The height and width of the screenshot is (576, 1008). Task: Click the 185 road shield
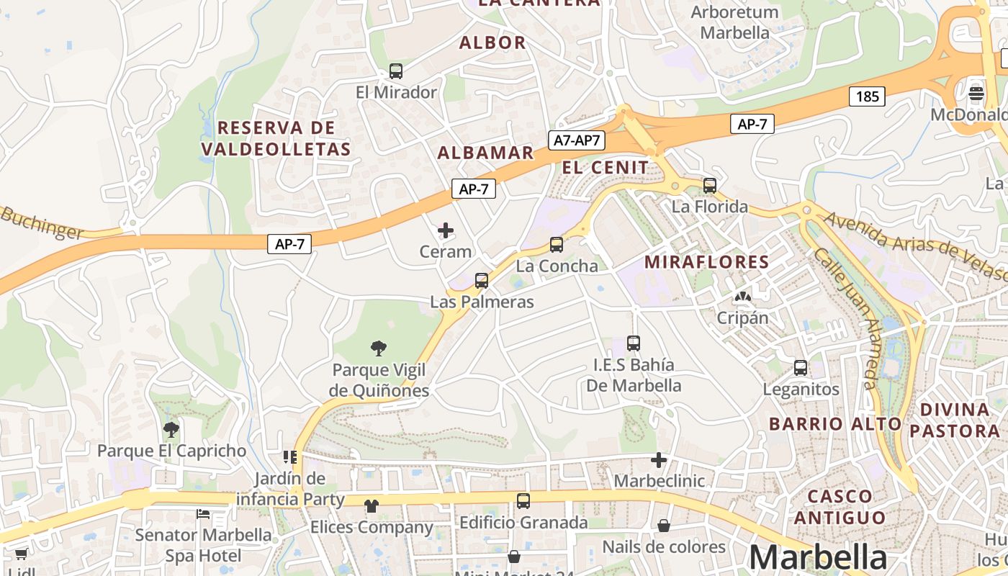click(867, 96)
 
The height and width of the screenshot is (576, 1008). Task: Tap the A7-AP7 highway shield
click(577, 140)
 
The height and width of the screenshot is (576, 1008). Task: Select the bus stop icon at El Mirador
click(396, 71)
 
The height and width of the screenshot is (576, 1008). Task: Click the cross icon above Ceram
click(446, 230)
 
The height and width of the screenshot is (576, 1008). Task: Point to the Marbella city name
click(818, 558)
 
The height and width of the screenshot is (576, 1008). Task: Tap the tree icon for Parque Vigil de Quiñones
click(379, 349)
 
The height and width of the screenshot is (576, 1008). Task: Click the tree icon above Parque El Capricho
click(171, 431)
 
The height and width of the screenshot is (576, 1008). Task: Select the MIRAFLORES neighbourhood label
click(707, 262)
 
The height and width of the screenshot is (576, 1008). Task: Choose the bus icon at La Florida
click(710, 186)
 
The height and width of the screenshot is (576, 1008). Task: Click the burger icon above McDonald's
click(976, 94)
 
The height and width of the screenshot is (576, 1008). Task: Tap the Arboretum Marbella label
click(734, 22)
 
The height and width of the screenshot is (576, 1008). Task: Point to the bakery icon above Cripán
click(742, 297)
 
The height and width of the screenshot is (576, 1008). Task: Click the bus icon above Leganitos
click(801, 368)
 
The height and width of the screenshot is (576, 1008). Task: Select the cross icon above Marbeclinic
click(659, 459)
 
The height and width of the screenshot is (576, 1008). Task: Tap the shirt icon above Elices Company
click(372, 506)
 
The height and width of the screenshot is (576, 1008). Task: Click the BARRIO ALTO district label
click(835, 423)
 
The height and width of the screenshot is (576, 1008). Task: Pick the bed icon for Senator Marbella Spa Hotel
click(203, 514)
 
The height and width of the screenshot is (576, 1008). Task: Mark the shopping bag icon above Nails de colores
click(664, 526)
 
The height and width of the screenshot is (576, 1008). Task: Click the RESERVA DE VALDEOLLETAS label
click(276, 138)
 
